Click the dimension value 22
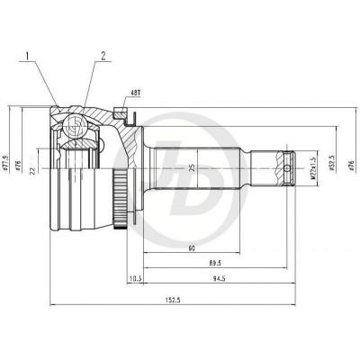(33, 169)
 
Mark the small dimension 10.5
(137, 280)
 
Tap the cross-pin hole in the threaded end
(288, 166)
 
